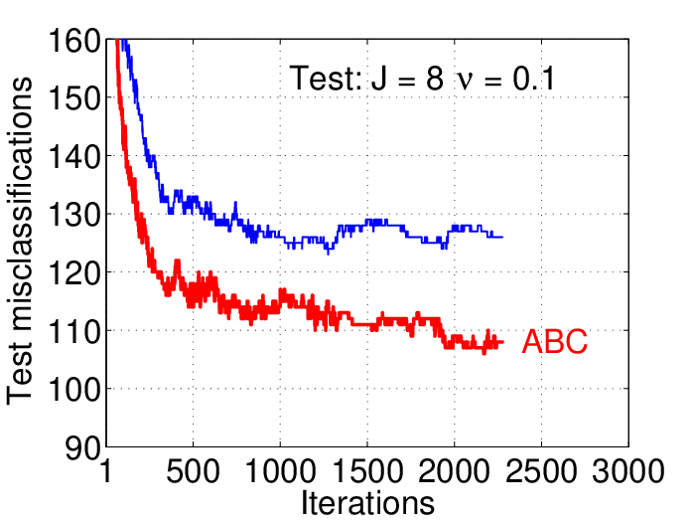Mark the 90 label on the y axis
tap(83, 449)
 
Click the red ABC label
tap(555, 342)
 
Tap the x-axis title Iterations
tap(367, 503)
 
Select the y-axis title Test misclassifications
tap(20, 241)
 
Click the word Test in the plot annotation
tap(326, 79)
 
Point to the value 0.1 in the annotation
tap(533, 80)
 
